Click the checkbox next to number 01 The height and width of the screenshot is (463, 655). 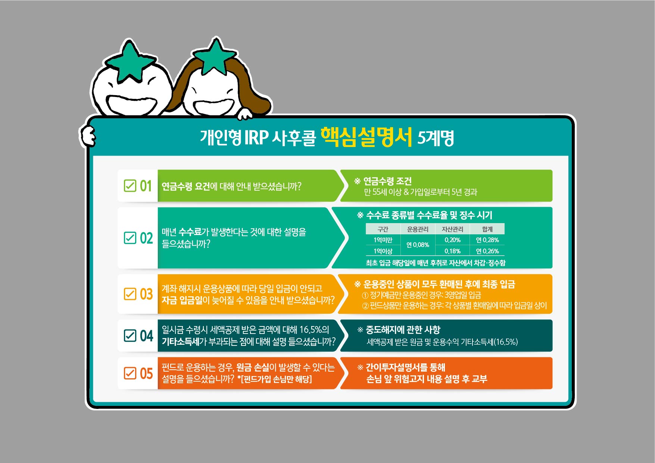[x=130, y=185]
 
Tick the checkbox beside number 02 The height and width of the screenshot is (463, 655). [x=130, y=238]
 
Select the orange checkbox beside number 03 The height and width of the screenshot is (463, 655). [x=130, y=294]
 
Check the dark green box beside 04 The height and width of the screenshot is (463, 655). [x=130, y=335]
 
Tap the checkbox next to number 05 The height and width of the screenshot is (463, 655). [x=130, y=373]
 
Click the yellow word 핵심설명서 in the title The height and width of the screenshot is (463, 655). [x=366, y=137]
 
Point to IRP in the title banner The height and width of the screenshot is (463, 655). [x=256, y=138]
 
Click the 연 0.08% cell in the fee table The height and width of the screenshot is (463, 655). [x=418, y=245]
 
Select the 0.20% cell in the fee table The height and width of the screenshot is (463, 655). [x=452, y=240]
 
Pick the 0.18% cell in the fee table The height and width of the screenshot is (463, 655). [x=452, y=251]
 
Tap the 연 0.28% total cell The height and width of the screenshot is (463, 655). [x=487, y=240]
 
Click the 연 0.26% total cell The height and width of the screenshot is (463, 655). [x=487, y=251]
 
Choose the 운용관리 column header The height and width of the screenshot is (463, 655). [x=418, y=229]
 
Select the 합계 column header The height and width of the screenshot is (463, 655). [x=487, y=229]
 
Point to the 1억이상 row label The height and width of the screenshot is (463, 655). [x=383, y=251]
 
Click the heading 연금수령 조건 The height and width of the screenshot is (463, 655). [x=387, y=181]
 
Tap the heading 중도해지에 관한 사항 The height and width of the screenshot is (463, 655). [x=403, y=330]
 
